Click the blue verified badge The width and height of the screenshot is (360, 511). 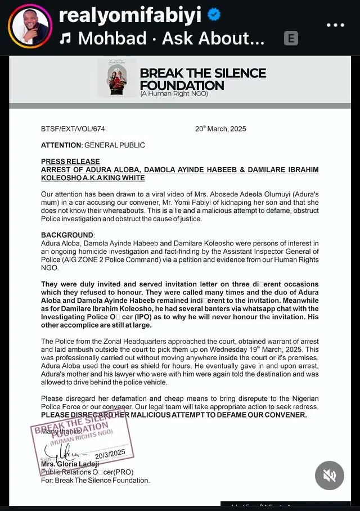[214, 16]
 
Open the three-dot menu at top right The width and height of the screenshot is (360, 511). [335, 25]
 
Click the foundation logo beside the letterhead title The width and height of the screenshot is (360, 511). [117, 78]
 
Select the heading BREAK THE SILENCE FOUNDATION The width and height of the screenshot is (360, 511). [202, 79]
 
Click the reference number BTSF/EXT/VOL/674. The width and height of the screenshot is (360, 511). [74, 129]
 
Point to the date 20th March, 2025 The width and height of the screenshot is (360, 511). [220, 129]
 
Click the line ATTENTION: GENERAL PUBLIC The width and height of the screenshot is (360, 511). [93, 145]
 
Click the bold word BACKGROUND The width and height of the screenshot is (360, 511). [67, 235]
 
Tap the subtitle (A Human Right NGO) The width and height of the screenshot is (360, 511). [174, 93]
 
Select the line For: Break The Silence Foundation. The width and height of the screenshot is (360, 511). [95, 481]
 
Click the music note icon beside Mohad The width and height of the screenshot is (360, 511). [66, 38]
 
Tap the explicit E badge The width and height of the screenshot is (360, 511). [291, 38]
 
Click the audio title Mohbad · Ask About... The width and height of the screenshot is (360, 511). [171, 38]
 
